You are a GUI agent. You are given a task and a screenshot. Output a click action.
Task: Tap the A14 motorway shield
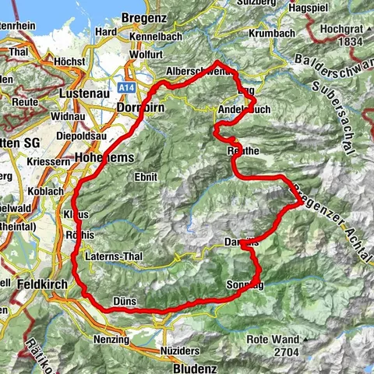128,89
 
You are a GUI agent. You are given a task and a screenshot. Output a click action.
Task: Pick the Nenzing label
109,340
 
